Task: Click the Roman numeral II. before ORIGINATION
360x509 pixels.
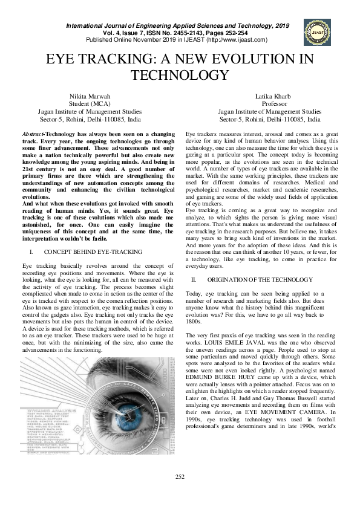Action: coord(194,280)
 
